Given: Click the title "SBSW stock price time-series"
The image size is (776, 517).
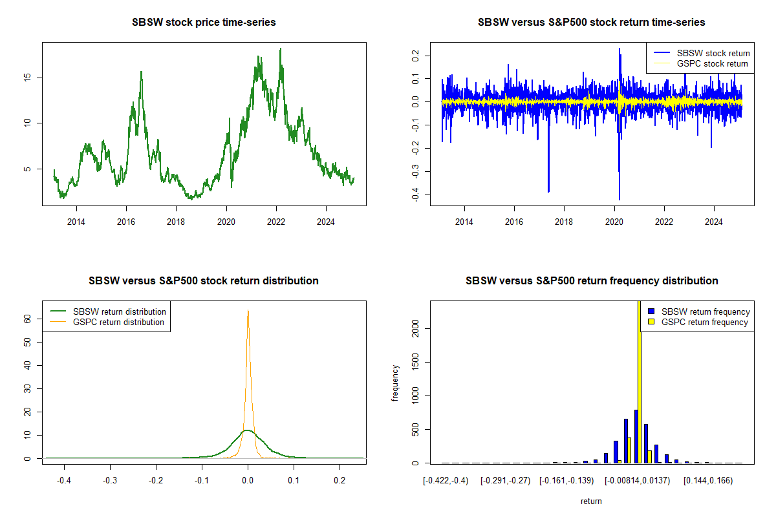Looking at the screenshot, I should point(204,23).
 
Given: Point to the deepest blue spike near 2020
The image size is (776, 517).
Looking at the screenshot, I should point(619,199).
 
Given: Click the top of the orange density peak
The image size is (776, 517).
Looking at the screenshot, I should point(248,311).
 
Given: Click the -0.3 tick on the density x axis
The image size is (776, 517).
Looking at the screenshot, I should point(110,481).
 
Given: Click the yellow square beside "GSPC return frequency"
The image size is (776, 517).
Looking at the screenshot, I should point(651,322).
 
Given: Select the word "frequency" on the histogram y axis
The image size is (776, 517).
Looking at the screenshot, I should point(395,383).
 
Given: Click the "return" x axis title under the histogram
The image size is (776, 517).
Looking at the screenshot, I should point(591,501).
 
